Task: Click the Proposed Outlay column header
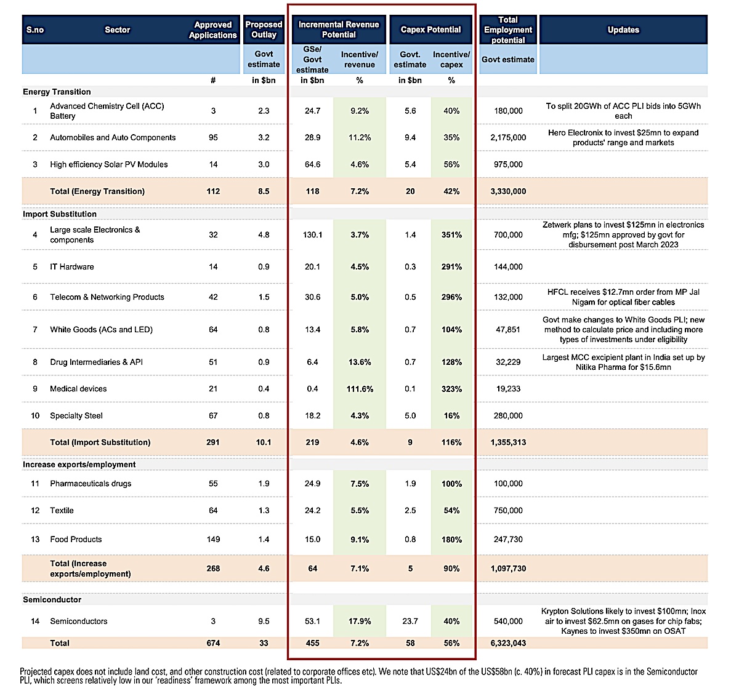click(264, 30)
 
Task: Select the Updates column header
click(623, 30)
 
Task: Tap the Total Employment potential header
click(508, 30)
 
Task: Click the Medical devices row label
click(78, 389)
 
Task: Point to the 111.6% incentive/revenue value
click(360, 389)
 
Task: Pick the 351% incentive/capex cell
click(451, 234)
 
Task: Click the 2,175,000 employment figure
click(508, 137)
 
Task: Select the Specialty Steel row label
click(76, 415)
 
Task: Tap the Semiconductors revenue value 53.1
click(312, 621)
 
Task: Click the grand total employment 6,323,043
click(508, 643)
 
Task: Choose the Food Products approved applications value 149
click(213, 539)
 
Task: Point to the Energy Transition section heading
click(57, 92)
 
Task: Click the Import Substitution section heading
click(60, 214)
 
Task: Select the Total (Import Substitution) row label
click(100, 442)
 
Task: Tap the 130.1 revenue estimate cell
click(312, 234)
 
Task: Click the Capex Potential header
click(430, 30)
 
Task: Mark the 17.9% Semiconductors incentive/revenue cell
click(360, 621)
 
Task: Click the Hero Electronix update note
click(623, 137)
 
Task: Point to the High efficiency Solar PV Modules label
click(108, 164)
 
